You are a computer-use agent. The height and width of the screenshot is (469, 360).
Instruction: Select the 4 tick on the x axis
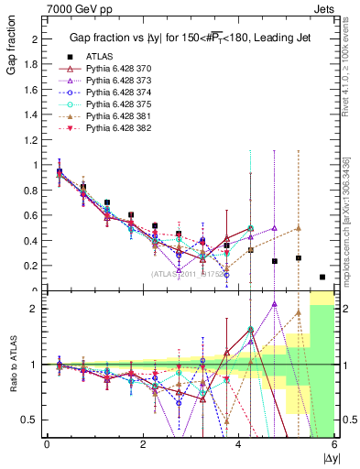[x=238, y=446]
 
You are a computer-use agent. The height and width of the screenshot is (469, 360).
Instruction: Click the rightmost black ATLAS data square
[x=322, y=277]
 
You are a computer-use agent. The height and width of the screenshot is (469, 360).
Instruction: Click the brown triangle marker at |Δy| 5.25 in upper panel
[x=298, y=228]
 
